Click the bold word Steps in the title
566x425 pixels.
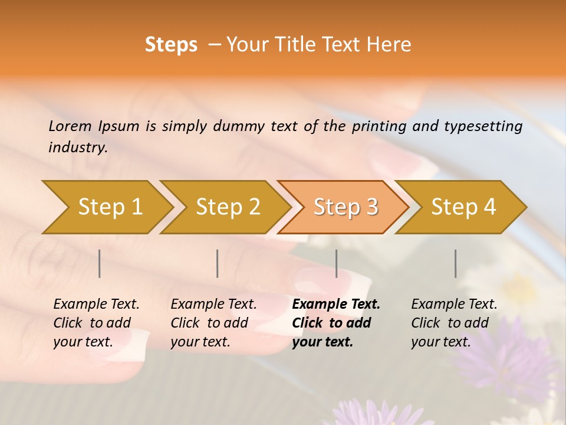[171, 45]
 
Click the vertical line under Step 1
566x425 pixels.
[100, 263]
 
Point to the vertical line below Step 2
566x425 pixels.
[218, 263]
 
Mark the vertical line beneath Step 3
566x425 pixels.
[336, 263]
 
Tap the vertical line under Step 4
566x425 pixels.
[455, 263]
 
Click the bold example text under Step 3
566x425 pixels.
[336, 323]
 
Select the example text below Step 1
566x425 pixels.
[96, 323]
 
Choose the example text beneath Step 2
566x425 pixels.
[213, 323]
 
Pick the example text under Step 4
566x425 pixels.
[454, 323]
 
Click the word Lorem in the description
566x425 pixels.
[70, 126]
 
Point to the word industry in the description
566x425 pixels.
[77, 148]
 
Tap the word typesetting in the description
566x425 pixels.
[483, 126]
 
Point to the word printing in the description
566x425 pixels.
[379, 126]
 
